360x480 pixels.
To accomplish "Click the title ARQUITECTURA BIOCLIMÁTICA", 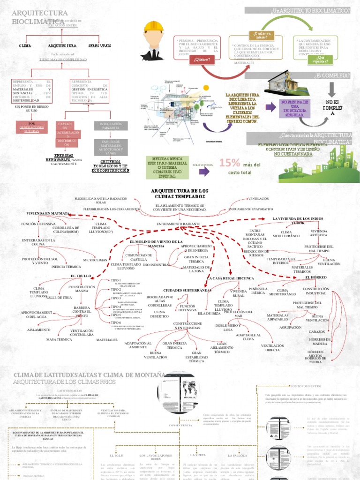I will click(x=39, y=17).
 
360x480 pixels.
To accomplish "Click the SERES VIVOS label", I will click(x=99, y=46).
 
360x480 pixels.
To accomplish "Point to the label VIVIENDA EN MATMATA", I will click(x=48, y=213).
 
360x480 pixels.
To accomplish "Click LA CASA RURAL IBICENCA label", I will click(x=230, y=278).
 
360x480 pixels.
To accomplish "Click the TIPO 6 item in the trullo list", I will click(x=116, y=323).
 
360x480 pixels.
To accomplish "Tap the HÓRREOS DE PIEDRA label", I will click(x=318, y=359).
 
